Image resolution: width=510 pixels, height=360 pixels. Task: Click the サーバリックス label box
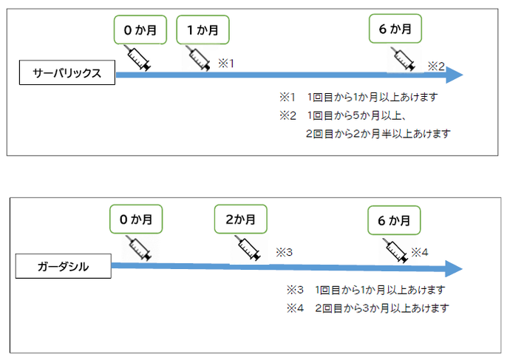[x=67, y=74]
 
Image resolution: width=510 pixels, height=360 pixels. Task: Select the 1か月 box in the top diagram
[x=203, y=30]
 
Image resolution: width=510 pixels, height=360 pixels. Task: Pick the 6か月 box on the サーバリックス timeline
[x=395, y=30]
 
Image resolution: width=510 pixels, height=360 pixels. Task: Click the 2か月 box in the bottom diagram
[x=240, y=220]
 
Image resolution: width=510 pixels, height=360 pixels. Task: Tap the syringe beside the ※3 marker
[x=248, y=249]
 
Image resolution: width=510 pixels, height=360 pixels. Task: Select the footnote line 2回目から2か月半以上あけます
[x=378, y=134]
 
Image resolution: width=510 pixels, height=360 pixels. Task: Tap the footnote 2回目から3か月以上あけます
[x=381, y=308]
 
